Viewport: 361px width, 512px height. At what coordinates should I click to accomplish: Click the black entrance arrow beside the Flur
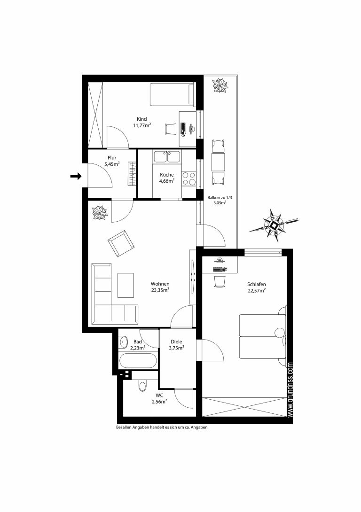[x=76, y=176]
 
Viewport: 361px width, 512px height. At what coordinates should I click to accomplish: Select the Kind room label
[x=142, y=119]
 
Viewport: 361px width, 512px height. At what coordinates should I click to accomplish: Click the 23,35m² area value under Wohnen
[x=160, y=290]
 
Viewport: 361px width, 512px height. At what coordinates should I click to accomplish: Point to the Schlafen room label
[x=257, y=284]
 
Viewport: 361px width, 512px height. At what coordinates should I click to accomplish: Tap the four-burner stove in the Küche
[x=189, y=178]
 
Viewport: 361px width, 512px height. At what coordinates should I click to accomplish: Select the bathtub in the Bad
[x=137, y=361]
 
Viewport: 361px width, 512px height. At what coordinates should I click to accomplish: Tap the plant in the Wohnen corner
[x=100, y=213]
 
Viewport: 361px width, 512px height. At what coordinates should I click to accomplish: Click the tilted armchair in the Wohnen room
[x=121, y=243]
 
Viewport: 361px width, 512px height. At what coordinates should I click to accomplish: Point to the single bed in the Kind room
[x=172, y=95]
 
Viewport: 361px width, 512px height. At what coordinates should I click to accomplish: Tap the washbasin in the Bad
[x=123, y=342]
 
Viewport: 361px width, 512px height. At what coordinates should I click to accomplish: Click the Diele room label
[x=176, y=342]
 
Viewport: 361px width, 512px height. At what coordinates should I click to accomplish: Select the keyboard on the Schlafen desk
[x=220, y=269]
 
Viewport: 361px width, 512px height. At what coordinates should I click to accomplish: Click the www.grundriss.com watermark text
[x=290, y=389]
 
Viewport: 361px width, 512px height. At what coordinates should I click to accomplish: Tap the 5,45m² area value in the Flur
[x=112, y=164]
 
